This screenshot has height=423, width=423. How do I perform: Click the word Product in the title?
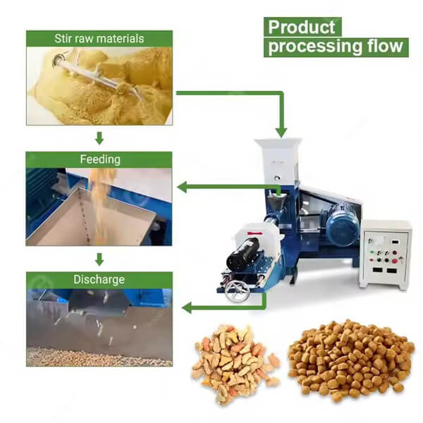pyautogui.click(x=302, y=27)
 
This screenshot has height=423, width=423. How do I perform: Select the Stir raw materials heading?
pyautogui.click(x=99, y=39)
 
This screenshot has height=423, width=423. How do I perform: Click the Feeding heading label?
pyautogui.click(x=100, y=159)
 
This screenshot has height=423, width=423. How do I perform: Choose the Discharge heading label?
pyautogui.click(x=99, y=279)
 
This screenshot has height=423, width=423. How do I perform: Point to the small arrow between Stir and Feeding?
pyautogui.click(x=99, y=138)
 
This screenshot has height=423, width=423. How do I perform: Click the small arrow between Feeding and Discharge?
pyautogui.click(x=99, y=259)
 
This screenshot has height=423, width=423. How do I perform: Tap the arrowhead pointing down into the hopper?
pyautogui.click(x=281, y=133)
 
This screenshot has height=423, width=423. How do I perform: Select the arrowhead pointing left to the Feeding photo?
pyautogui.click(x=182, y=187)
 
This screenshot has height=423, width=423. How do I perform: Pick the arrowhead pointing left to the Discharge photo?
pyautogui.click(x=187, y=307)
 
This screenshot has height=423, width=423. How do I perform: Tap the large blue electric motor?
pyautogui.click(x=343, y=226)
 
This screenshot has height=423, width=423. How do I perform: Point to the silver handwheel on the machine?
pyautogui.click(x=237, y=290)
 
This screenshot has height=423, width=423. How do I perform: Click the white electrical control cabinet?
pyautogui.click(x=385, y=255)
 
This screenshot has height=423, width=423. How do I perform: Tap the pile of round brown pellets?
pyautogui.click(x=351, y=360)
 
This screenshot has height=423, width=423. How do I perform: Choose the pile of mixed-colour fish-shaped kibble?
pyautogui.click(x=235, y=363)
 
